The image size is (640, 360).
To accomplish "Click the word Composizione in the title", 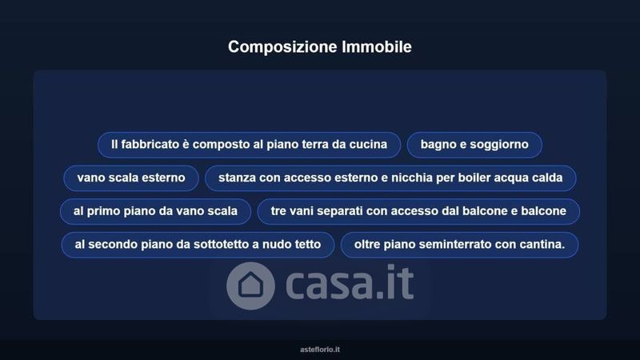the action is click(282, 47).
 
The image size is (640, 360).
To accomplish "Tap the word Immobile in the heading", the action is click(377, 46).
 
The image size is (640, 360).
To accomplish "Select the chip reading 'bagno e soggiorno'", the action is click(474, 145).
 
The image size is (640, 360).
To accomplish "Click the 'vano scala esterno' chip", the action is click(131, 178).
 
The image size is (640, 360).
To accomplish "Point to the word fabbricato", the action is click(150, 144).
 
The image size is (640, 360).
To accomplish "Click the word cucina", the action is click(368, 144).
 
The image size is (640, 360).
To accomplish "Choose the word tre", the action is click(279, 211).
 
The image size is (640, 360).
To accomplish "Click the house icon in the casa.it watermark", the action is click(250, 286).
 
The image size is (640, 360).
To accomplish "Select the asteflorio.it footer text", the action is click(320, 350).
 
